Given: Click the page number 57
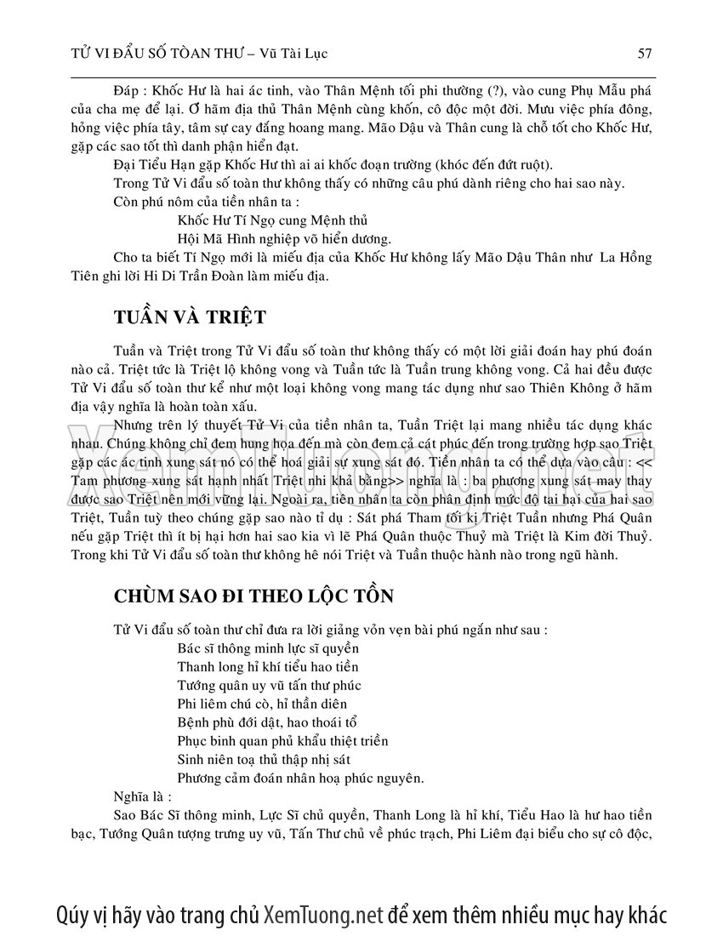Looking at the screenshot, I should pos(644,53).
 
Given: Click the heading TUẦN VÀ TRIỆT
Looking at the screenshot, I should pos(191,317).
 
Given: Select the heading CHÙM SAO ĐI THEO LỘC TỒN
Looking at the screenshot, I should pos(253,596).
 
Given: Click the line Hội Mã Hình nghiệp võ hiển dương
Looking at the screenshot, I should pos(284,238).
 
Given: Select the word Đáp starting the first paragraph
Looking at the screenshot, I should pos(128,89).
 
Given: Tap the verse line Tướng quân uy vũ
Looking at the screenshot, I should pos(270,685).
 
